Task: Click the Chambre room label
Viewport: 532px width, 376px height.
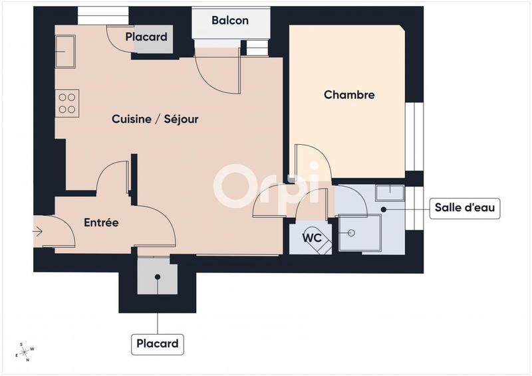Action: [349, 95]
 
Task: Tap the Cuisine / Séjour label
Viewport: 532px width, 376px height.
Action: [155, 120]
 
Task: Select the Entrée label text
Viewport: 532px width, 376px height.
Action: [101, 223]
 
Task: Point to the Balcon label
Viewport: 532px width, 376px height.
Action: [230, 21]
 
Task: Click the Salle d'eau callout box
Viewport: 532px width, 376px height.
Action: [465, 208]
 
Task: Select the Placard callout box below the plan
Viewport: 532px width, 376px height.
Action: [158, 343]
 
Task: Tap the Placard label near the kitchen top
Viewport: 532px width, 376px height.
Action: [146, 37]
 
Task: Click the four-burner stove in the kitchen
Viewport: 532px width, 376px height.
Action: [67, 104]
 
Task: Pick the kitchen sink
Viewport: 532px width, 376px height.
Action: [65, 50]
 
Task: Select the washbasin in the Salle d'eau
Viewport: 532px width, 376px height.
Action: [389, 193]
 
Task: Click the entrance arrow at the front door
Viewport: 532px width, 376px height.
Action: [37, 232]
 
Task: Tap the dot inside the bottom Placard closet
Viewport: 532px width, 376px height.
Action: [158, 277]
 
